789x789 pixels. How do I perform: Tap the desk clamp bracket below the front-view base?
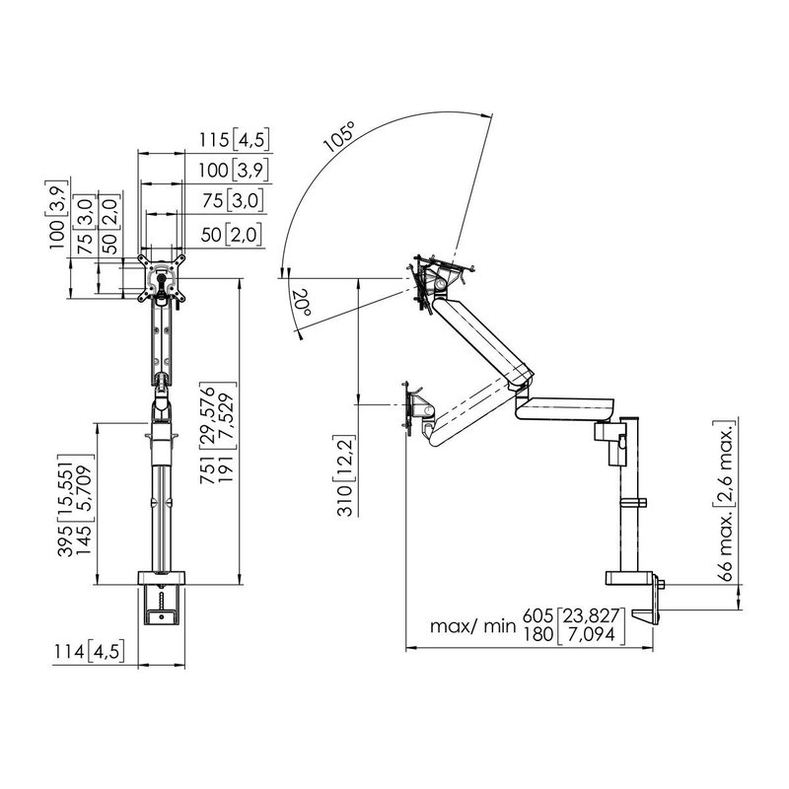162,606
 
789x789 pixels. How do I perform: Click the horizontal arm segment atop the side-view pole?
567,406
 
